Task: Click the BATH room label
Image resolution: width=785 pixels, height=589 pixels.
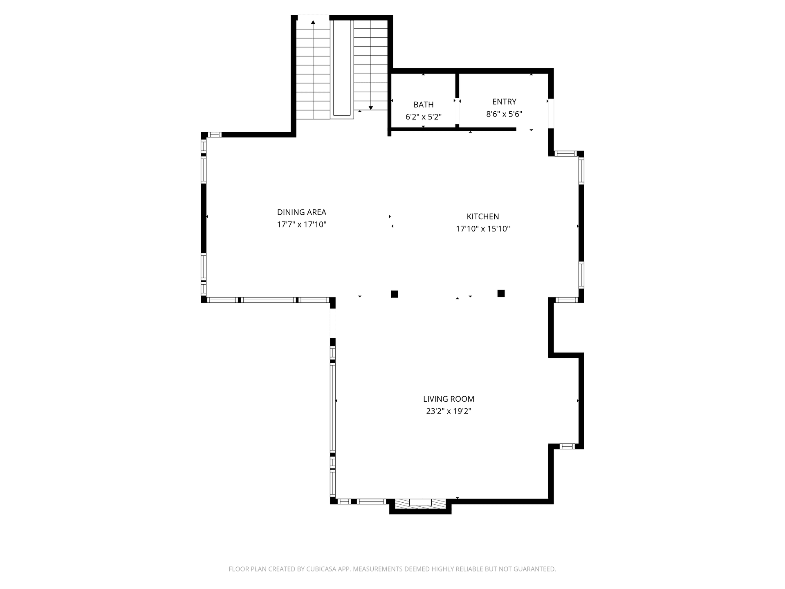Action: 423,105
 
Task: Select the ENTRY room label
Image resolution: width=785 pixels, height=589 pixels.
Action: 504,101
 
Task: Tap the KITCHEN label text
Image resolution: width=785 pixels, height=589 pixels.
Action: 483,216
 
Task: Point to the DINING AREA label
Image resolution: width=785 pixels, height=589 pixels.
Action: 301,212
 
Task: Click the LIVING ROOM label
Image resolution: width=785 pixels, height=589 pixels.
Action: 449,399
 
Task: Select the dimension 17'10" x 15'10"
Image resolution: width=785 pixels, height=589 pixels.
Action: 483,229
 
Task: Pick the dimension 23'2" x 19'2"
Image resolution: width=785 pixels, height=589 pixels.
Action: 449,411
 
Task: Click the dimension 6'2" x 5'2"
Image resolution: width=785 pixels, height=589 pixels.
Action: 423,117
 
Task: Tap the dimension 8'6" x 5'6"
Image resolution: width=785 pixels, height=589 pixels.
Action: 504,114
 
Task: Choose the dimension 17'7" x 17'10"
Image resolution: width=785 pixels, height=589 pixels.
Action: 301,224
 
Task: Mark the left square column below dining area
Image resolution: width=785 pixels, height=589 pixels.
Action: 395,294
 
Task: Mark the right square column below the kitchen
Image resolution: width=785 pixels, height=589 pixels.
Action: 501,293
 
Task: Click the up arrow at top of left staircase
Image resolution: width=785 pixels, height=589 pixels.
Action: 313,22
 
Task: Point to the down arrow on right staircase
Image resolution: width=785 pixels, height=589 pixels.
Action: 371,108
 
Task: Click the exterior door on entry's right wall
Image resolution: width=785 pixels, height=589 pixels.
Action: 551,113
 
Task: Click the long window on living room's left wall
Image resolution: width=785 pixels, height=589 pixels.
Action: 333,408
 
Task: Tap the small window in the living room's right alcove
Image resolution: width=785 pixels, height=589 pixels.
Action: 567,446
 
